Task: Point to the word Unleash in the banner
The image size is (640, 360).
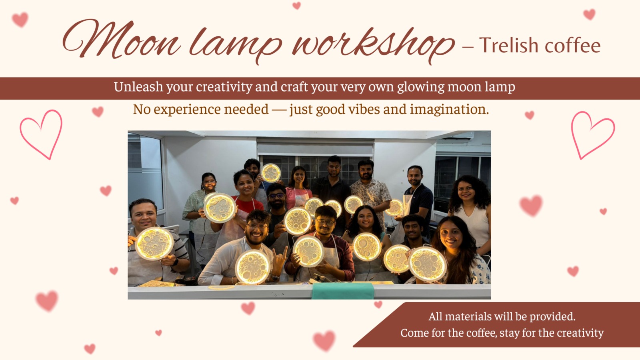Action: (138, 86)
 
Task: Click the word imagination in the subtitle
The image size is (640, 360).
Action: (449, 110)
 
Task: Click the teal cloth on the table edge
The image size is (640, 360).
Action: (342, 291)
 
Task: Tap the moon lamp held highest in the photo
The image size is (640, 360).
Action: (271, 173)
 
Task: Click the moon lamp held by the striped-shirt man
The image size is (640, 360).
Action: (154, 244)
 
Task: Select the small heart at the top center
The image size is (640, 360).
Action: (296, 6)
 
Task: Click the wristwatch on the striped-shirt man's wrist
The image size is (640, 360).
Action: (176, 262)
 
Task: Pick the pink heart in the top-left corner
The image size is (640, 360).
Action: (20, 20)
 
